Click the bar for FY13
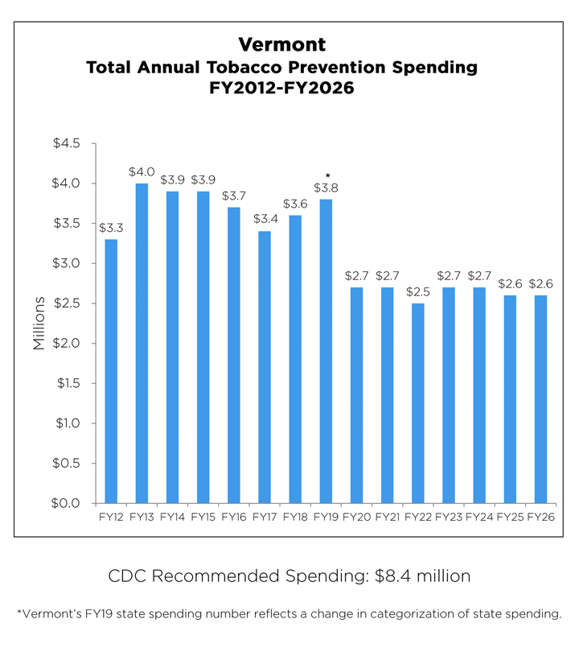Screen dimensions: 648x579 point(142,343)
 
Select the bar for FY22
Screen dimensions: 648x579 point(418,402)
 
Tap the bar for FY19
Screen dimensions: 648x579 point(326,351)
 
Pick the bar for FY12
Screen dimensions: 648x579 point(111,371)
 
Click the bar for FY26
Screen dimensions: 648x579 point(541,398)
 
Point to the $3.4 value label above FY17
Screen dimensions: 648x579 point(265,218)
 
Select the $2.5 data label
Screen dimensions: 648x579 point(418,291)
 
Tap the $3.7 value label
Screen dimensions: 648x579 point(234,195)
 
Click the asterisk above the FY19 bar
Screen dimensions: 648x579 point(326,176)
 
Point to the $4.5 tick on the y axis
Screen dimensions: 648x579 point(67,144)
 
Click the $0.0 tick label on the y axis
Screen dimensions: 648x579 point(67,503)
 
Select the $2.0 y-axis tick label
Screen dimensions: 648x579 point(67,344)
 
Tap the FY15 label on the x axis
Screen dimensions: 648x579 point(203,517)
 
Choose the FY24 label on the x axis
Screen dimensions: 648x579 point(479,517)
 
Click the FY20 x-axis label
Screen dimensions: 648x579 point(356,517)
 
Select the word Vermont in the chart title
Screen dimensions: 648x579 point(281,44)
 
